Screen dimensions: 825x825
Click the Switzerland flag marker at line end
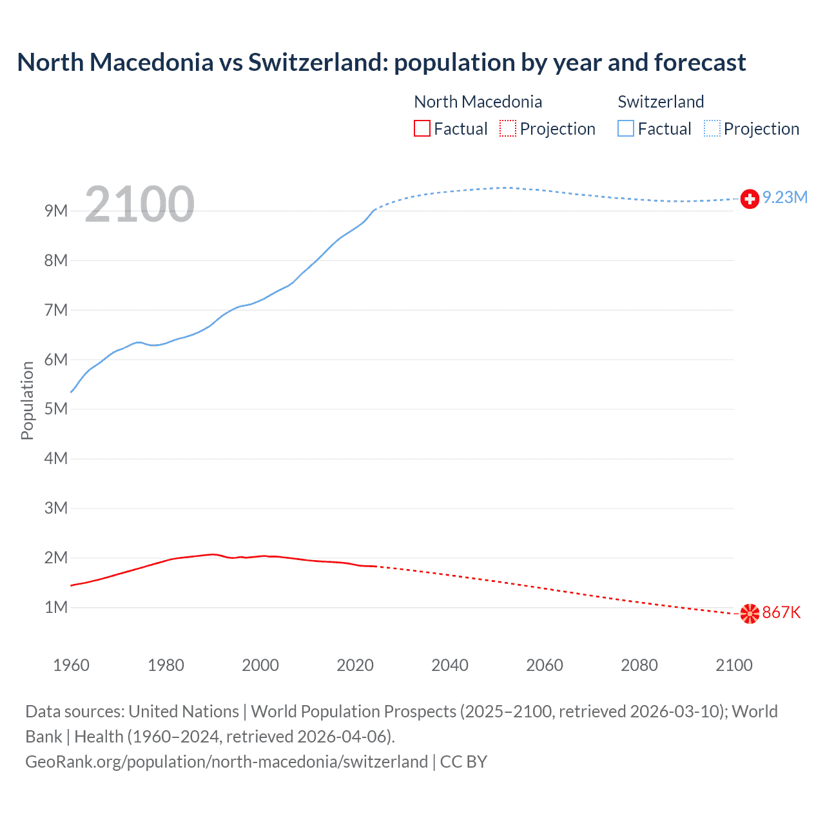pyautogui.click(x=750, y=199)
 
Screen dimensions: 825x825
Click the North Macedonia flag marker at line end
pyautogui.click(x=750, y=614)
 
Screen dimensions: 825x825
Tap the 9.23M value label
pyautogui.click(x=785, y=197)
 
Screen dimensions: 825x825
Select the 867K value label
pyautogui.click(x=781, y=612)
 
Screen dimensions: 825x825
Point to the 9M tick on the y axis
pyautogui.click(x=56, y=211)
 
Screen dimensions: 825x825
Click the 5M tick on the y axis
pyautogui.click(x=56, y=409)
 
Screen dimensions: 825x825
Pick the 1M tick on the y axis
pyautogui.click(x=56, y=607)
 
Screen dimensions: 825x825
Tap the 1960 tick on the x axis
pyautogui.click(x=71, y=665)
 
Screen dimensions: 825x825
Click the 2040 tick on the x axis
pyautogui.click(x=450, y=665)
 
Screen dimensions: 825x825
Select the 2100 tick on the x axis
pyautogui.click(x=733, y=665)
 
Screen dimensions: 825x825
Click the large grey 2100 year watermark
pyautogui.click(x=139, y=204)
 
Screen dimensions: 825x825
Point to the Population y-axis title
pyautogui.click(x=27, y=400)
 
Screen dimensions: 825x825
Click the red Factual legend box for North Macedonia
pyautogui.click(x=422, y=129)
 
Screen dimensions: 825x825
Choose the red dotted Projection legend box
pyautogui.click(x=508, y=129)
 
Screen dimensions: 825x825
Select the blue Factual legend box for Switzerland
pyautogui.click(x=626, y=129)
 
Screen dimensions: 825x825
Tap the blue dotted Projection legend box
pyautogui.click(x=712, y=129)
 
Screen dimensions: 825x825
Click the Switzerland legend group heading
pyautogui.click(x=661, y=102)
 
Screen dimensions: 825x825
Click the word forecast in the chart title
pyautogui.click(x=700, y=63)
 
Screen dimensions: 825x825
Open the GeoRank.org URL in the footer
pyautogui.click(x=226, y=762)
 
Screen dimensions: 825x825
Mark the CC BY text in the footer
pyautogui.click(x=463, y=762)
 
